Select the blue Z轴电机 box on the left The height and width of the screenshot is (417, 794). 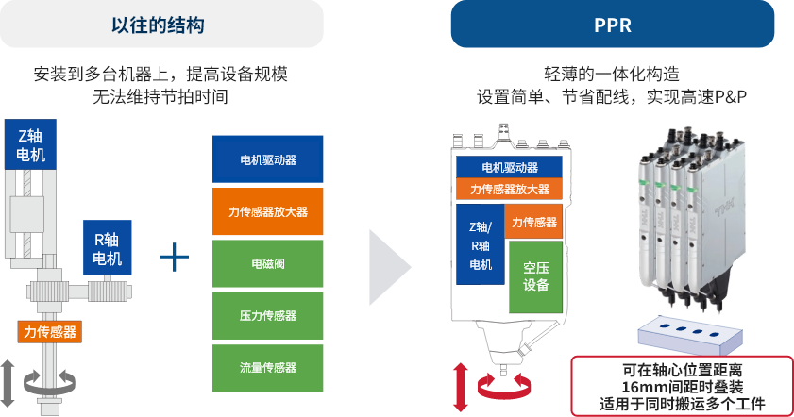pos(31,144)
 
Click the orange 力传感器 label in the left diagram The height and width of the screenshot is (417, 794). pos(49,332)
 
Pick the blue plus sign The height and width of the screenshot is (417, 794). pos(174,258)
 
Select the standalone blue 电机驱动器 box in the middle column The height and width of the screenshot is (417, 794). pos(268,159)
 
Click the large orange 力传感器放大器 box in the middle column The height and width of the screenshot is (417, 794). pos(268,211)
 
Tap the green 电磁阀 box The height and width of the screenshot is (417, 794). pos(268,263)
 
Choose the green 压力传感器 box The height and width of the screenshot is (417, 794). pos(268,315)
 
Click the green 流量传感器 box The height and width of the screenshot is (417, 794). pos(268,367)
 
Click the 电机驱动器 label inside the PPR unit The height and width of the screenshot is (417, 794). pos(510,167)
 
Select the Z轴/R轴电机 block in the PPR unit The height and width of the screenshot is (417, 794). pos(480,244)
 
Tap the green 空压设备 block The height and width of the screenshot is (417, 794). pos(535,275)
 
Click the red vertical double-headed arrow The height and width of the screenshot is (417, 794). pos(462,384)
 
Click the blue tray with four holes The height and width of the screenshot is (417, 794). pos(686,334)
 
